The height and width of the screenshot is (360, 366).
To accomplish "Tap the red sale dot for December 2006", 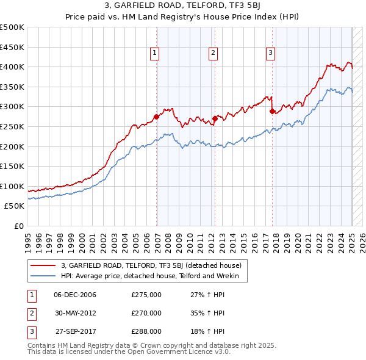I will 157,117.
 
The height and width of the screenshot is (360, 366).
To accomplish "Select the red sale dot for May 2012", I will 215,118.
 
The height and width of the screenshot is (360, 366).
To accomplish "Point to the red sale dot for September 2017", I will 272,111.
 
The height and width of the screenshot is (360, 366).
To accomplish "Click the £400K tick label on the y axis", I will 12,67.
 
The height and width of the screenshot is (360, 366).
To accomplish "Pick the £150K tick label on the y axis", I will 12,166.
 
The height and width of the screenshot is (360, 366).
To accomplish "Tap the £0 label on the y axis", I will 18,226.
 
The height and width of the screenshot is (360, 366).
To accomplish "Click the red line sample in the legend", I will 43,265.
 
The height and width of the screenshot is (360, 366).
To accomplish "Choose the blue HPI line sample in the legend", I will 43,276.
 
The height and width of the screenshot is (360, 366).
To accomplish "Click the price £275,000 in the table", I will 146,295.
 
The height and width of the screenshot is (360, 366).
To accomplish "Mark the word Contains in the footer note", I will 41,345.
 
